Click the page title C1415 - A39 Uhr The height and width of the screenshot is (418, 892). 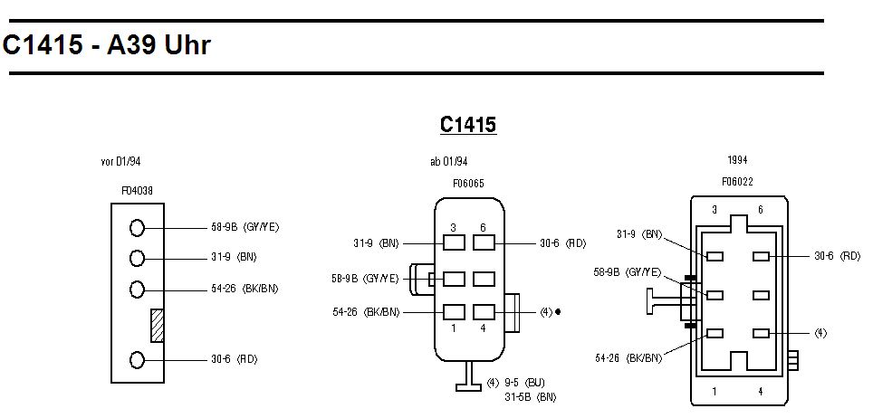[x=107, y=45]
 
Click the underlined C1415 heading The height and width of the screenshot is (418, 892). [x=468, y=125]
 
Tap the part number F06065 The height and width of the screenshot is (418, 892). [x=468, y=184]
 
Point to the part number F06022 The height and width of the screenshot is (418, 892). [x=737, y=182]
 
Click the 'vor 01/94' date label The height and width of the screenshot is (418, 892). [x=120, y=162]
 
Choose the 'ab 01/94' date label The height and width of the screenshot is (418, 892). [x=448, y=162]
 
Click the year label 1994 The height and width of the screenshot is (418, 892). [x=737, y=160]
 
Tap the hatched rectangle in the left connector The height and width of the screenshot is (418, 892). [x=157, y=325]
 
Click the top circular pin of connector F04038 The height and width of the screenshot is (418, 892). [x=137, y=227]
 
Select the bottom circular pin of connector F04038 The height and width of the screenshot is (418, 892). [x=137, y=360]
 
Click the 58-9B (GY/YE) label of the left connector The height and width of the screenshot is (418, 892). [x=245, y=227]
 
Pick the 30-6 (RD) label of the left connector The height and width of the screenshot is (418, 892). [x=234, y=360]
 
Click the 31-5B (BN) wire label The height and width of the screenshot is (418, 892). [x=530, y=396]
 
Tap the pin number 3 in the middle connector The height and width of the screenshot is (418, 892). [x=454, y=228]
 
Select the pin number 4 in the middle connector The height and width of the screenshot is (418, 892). [x=483, y=328]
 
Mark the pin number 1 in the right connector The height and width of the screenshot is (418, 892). [x=715, y=392]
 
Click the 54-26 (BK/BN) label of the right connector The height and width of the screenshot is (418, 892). [x=628, y=358]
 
